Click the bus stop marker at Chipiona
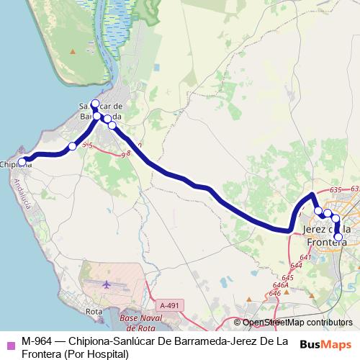point(22,162)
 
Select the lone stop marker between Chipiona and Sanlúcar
point(72,147)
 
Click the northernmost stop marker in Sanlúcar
point(95,104)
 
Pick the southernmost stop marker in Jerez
point(338,236)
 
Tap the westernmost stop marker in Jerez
point(318,210)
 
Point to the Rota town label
point(93,312)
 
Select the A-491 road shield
point(169,305)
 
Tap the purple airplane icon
point(107,284)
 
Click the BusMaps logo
point(325,345)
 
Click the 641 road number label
point(305,257)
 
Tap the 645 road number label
point(289,277)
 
